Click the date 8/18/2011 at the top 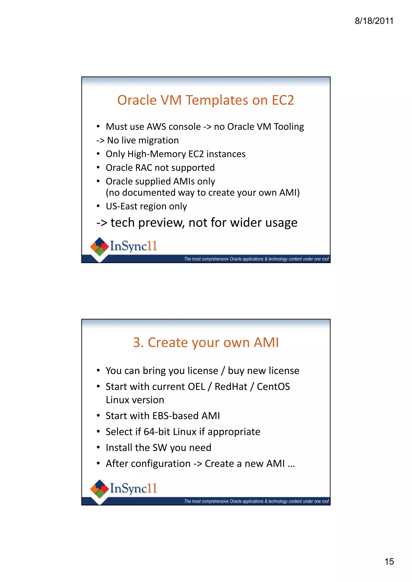[374, 21]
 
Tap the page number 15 [389, 562]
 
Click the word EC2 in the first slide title [283, 100]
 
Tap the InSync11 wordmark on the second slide [133, 488]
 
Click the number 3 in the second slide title [137, 342]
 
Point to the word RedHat [231, 387]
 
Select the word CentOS [273, 387]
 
